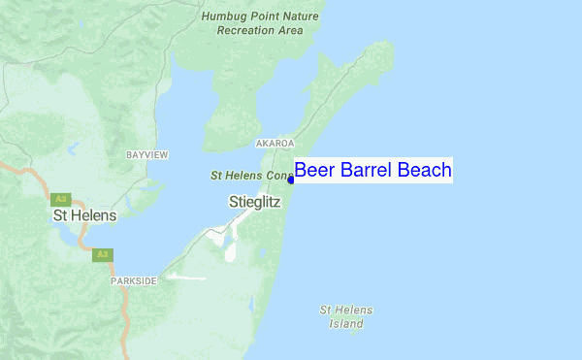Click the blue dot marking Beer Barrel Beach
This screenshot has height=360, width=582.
pos(290,179)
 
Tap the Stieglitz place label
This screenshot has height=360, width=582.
pos(253,203)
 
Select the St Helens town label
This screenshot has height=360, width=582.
pos(84,215)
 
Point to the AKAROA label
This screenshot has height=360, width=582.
pos(274,143)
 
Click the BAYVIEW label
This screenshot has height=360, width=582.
pos(148,154)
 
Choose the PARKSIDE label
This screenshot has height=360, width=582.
pos(133,279)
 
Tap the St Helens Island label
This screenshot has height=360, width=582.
pos(345,316)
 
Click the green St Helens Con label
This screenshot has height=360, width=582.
pos(251,177)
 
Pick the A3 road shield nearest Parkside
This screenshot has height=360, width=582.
pos(103,254)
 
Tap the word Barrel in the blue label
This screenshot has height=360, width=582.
pos(365,171)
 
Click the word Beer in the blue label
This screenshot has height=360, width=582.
pos(313,171)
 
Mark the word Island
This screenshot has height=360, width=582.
pos(345,323)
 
